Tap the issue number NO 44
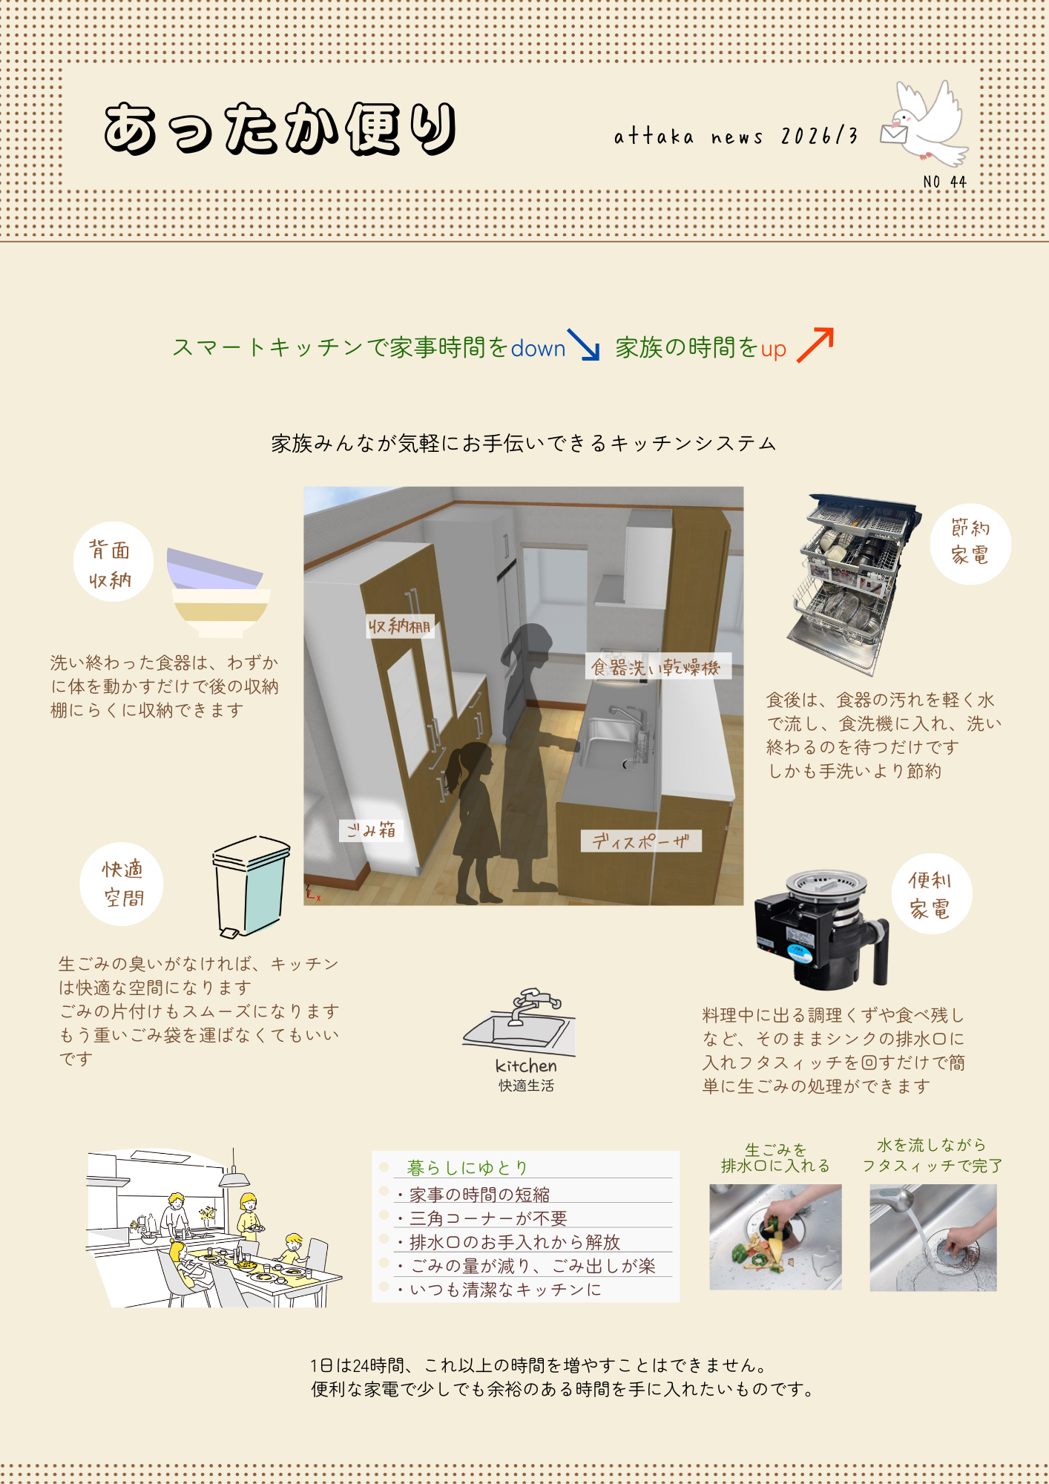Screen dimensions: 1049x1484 tap(944, 182)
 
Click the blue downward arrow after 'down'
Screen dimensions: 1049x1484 tap(583, 344)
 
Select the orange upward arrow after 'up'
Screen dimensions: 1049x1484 tap(815, 345)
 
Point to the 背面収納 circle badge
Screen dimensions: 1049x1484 tap(113, 562)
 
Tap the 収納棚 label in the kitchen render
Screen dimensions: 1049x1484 tap(400, 626)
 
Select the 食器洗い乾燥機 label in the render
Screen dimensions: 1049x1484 tap(657, 666)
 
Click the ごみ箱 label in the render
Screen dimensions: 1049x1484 tap(371, 830)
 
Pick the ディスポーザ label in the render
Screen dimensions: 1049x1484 tap(641, 841)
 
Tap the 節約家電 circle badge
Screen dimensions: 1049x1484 tap(970, 544)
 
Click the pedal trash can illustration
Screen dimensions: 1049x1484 tap(250, 886)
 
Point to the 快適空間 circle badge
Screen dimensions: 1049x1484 tap(122, 884)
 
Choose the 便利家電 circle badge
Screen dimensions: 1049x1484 tap(932, 894)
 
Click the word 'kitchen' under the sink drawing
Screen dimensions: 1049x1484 tap(526, 1066)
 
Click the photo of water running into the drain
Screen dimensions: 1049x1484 tap(933, 1238)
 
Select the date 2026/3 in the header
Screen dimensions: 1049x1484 tap(819, 137)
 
